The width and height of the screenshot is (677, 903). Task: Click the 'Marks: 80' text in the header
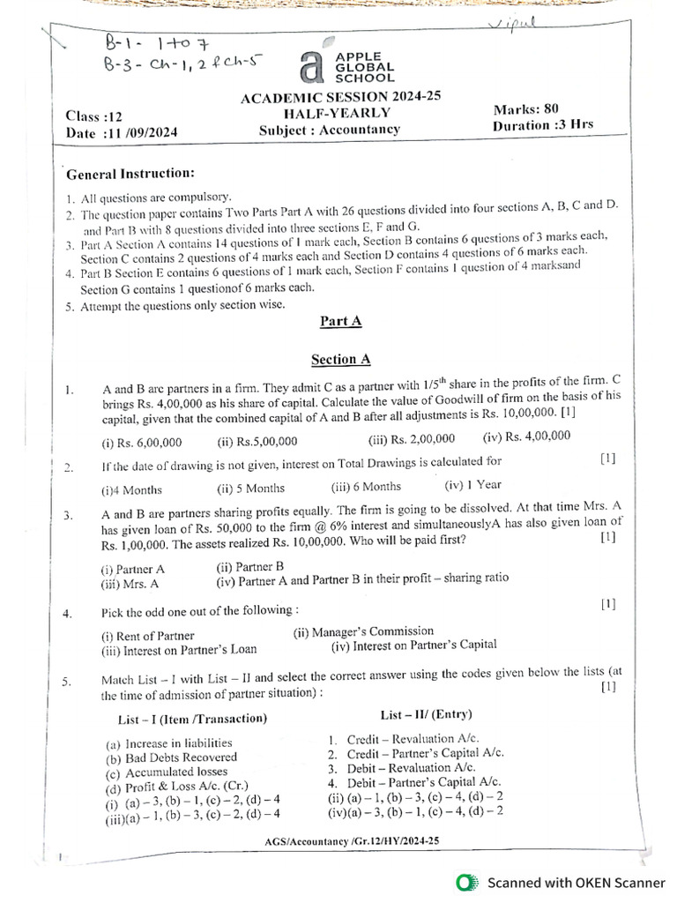[527, 109]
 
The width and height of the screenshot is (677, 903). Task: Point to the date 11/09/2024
[142, 133]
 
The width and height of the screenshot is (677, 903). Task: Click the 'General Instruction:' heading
[130, 174]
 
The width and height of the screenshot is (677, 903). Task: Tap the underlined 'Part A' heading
[340, 322]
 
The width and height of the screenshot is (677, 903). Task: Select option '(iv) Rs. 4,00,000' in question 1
[526, 436]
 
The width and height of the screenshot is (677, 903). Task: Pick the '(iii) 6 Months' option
[366, 486]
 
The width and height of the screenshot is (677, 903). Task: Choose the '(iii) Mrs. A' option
[130, 583]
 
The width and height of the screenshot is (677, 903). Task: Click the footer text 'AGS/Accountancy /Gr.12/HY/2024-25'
[352, 841]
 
